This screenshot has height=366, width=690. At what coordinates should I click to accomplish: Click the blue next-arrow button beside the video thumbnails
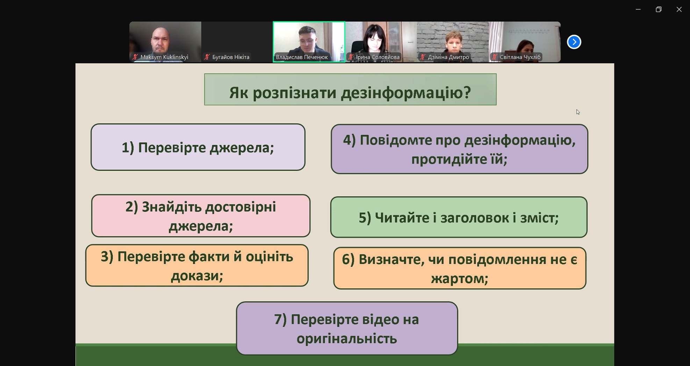point(574,42)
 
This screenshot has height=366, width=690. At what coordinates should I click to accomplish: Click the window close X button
point(679,9)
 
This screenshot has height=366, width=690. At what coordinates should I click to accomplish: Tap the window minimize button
point(638,9)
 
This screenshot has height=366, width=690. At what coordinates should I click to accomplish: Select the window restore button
point(659,9)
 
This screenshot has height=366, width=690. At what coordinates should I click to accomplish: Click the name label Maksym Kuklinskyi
point(164,57)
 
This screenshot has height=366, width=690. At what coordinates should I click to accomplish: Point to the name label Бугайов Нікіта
point(231,57)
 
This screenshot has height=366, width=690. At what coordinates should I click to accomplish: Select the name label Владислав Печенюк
point(302,57)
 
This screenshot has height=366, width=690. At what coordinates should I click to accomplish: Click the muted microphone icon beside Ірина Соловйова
point(351,57)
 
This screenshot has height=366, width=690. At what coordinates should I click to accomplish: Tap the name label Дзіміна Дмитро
point(448,57)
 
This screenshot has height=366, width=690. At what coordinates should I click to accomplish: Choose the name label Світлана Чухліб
point(520,57)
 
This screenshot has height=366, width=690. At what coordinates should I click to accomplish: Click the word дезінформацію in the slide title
point(406,93)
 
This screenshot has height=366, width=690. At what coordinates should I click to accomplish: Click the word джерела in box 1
point(242,148)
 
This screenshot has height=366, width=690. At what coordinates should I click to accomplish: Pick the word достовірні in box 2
point(240,207)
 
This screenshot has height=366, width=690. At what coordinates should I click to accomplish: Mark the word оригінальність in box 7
point(347,339)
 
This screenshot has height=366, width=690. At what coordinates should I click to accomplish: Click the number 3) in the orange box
point(107,257)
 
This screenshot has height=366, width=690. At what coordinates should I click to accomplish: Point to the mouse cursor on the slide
point(578,112)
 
